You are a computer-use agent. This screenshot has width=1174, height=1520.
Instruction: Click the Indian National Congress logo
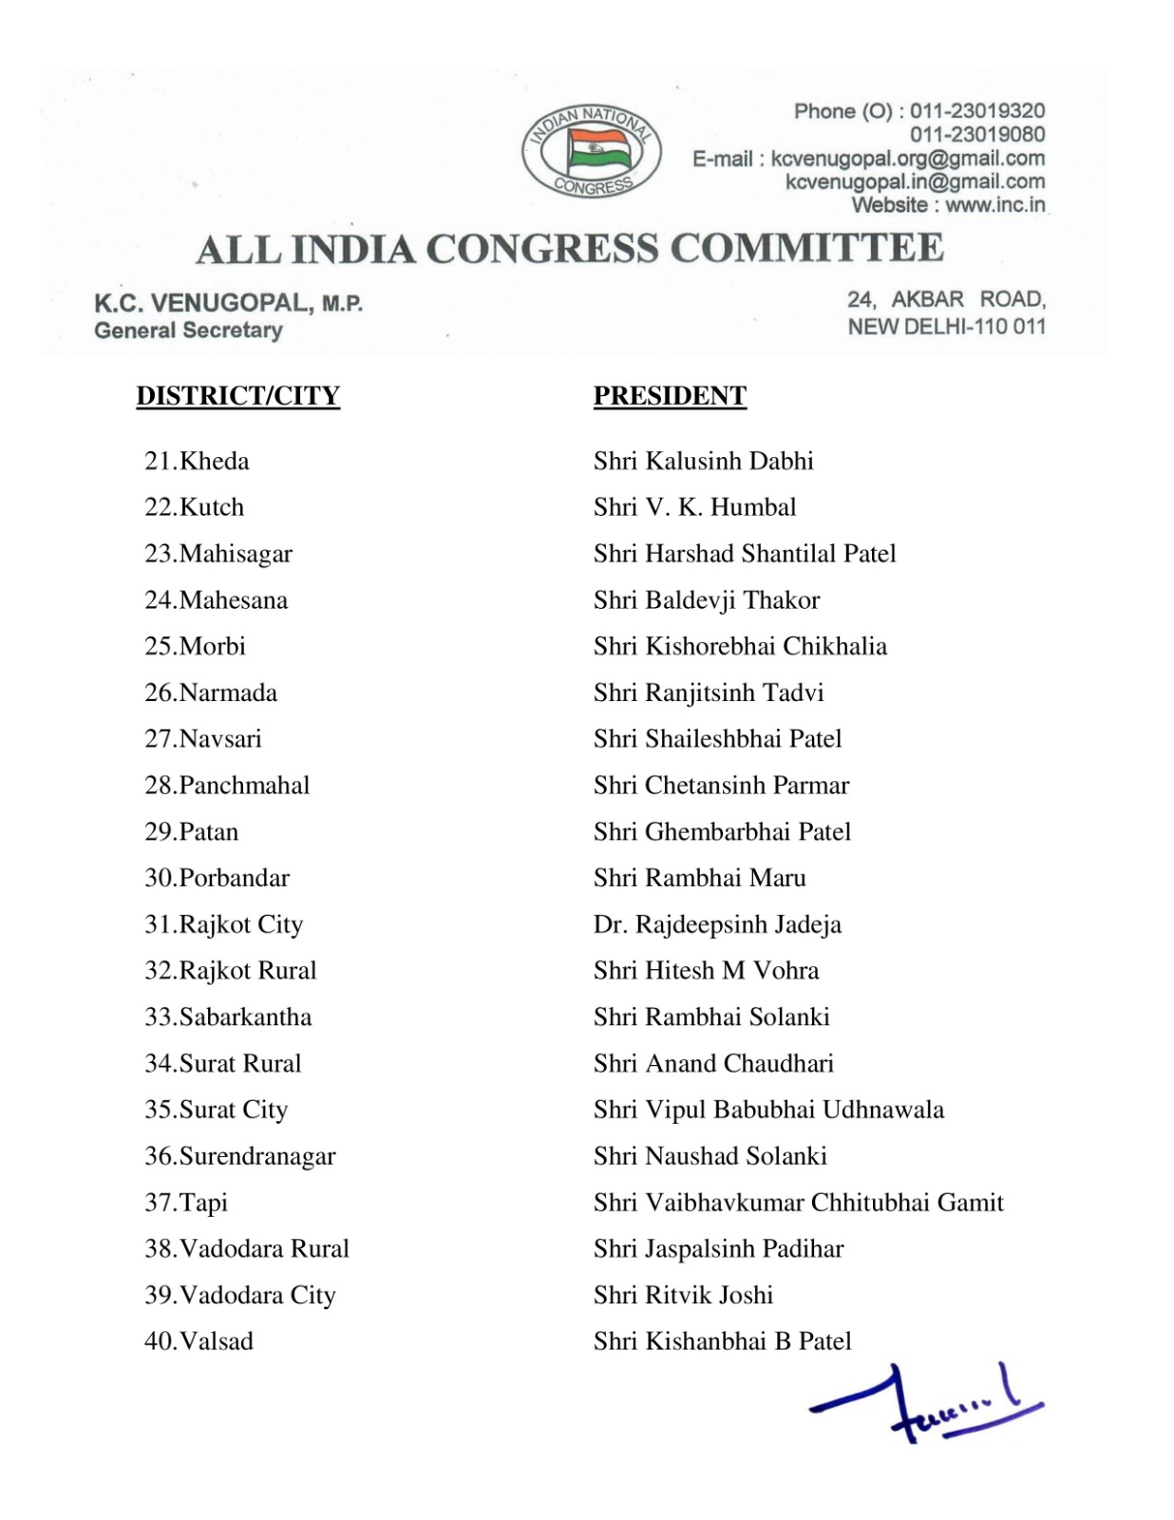(592, 152)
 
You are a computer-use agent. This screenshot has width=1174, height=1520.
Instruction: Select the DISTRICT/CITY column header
(237, 395)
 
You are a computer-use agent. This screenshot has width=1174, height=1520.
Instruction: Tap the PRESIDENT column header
(670, 395)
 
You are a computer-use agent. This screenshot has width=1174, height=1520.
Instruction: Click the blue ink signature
(926, 1405)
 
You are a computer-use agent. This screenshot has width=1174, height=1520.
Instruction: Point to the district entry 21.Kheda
(197, 462)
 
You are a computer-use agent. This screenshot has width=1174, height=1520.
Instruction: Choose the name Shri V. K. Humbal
(694, 507)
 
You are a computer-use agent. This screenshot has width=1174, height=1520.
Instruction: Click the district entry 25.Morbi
(195, 647)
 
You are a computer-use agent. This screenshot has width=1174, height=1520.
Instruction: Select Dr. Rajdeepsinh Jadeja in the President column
(717, 924)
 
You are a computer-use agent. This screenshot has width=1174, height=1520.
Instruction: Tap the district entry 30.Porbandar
(217, 878)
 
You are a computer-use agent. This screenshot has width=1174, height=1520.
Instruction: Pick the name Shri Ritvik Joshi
(683, 1295)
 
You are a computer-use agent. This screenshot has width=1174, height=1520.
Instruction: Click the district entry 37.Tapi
(186, 1203)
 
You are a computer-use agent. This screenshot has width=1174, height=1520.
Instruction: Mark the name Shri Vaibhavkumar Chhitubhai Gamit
(798, 1203)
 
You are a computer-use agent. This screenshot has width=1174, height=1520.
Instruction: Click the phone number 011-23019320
(977, 112)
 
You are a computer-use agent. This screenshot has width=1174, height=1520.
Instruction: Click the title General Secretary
(188, 331)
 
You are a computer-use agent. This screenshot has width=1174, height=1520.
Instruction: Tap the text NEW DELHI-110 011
(946, 327)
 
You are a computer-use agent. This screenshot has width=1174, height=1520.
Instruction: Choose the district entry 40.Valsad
(199, 1341)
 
